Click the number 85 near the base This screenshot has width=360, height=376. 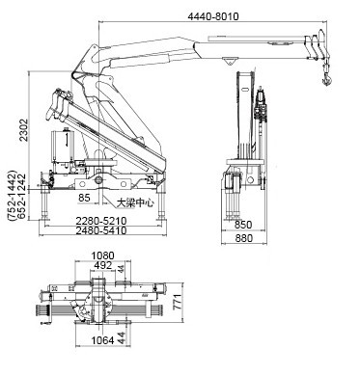[87, 200]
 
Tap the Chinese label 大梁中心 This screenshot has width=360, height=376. [136, 202]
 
